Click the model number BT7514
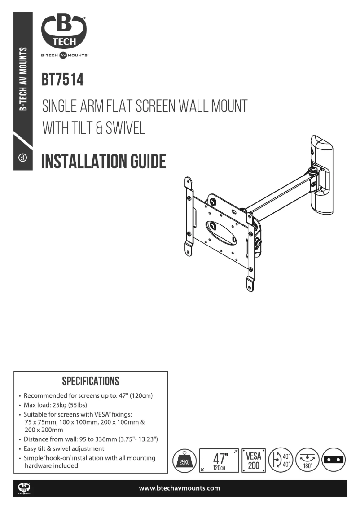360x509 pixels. pyautogui.click(x=63, y=80)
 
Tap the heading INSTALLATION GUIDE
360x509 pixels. pyautogui.click(x=104, y=161)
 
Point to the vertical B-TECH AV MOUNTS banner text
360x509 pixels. pyautogui.click(x=23, y=78)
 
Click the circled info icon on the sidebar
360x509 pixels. pyautogui.click(x=23, y=158)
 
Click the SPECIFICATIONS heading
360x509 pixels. pyautogui.click(x=91, y=382)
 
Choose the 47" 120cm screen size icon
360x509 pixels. pyautogui.click(x=219, y=461)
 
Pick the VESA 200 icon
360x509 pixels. pyautogui.click(x=254, y=461)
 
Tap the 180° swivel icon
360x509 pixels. pyautogui.click(x=307, y=461)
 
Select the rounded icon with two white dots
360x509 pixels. pyautogui.click(x=334, y=461)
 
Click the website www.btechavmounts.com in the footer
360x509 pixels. pyautogui.click(x=180, y=488)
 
